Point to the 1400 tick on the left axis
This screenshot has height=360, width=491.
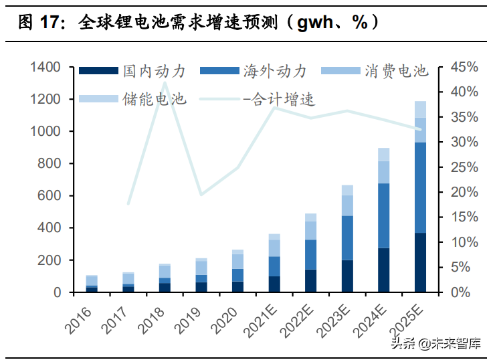tap(45, 68)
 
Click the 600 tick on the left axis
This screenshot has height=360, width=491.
tap(50, 196)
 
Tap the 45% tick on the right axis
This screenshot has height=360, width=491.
tap(464, 68)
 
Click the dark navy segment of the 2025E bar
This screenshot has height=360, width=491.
tap(420, 262)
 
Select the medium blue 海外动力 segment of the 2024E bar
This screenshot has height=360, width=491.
tap(384, 215)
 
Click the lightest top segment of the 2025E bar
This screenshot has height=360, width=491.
tap(420, 109)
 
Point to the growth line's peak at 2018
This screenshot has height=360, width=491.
tap(165, 82)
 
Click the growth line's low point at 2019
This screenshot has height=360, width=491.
tap(201, 195)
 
